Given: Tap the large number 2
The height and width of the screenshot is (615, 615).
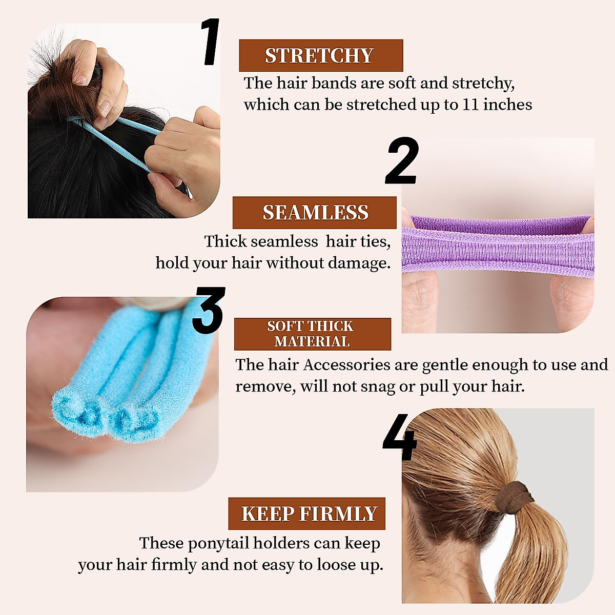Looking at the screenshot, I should pos(402,161).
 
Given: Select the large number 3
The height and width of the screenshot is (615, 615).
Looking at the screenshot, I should pos(208,311).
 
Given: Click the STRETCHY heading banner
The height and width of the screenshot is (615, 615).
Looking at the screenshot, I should pos(321,55).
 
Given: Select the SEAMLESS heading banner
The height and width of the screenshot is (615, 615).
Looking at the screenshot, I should pos(315,213).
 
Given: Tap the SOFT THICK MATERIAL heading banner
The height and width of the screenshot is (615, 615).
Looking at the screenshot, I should pos(312,334).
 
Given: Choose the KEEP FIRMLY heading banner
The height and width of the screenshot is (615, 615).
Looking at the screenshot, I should pos(307,514).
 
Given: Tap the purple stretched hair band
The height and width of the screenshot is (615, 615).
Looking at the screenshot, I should pos(497,246).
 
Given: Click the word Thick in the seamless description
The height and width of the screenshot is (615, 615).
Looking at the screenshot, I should pos(225,241).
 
